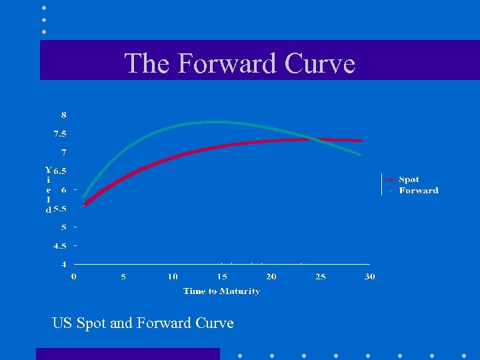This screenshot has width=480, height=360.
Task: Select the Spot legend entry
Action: pos(409,179)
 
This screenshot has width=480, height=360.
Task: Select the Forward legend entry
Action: pos(419,191)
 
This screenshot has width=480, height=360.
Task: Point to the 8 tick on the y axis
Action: pos(64,115)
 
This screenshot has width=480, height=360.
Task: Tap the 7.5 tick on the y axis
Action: pos(60,134)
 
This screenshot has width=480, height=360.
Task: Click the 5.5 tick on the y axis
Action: pos(60,209)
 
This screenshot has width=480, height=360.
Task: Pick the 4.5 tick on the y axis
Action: pos(60,246)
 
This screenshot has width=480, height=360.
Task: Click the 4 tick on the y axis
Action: pos(64,265)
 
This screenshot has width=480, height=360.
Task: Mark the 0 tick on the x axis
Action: pos(74,277)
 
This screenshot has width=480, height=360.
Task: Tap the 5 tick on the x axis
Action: pos(123,277)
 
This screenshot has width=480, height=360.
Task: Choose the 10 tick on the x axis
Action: pos(173,277)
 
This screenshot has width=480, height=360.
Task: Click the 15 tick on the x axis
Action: pos(222,277)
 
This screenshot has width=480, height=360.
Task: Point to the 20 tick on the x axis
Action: pos(271,277)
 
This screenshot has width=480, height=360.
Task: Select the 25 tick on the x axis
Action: pos(321,277)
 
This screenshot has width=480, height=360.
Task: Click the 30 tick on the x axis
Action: pos(370,277)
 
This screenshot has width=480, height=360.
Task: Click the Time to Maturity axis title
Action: pos(221,291)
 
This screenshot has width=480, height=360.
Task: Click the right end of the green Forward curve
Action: pos(360,154)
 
